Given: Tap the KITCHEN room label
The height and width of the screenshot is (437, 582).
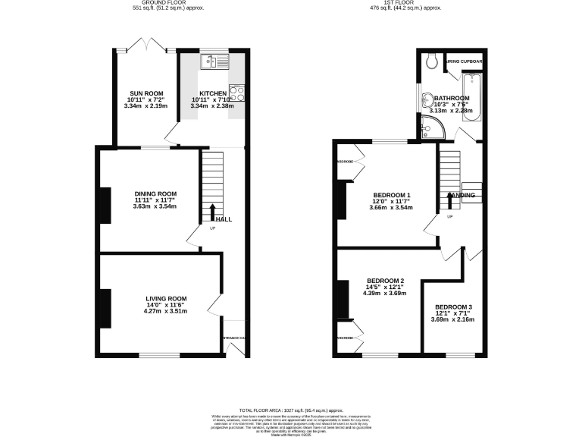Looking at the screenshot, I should pos(213,93).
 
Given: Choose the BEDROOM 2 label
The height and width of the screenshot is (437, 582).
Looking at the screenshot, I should pos(385,280).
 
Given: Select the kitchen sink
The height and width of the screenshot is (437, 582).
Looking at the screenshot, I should pos(213,61).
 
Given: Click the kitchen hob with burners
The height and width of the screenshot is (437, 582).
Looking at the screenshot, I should pos(236,94).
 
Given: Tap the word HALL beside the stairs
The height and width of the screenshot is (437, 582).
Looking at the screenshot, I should pos(224,219).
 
